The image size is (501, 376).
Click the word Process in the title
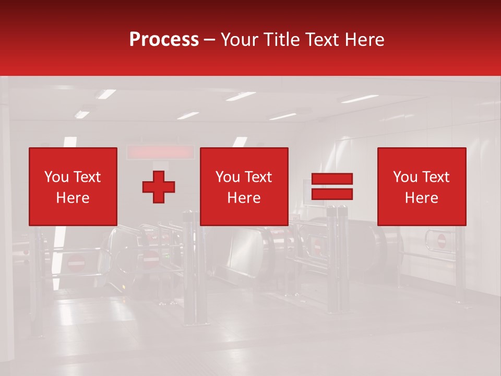click(164, 40)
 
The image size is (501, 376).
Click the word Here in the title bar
click(365, 40)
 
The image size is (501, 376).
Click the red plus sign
click(159, 187)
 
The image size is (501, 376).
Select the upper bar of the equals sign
click(332, 179)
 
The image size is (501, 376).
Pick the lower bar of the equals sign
click(332, 194)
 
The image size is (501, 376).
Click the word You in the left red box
click(56, 177)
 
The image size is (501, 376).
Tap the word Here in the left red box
click(73, 198)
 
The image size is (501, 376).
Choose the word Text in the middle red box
click(258, 177)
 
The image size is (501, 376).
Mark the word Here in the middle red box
click(244, 198)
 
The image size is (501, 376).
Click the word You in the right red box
click(405, 177)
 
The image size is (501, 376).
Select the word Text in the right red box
click(435, 177)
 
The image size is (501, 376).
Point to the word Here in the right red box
click(421, 198)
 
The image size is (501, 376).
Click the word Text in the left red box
click(87, 177)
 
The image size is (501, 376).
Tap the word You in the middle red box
click(228, 177)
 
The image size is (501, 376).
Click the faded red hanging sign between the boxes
click(161, 152)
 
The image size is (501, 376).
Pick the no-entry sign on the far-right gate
click(442, 241)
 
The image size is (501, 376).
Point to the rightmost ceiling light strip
click(359, 98)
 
